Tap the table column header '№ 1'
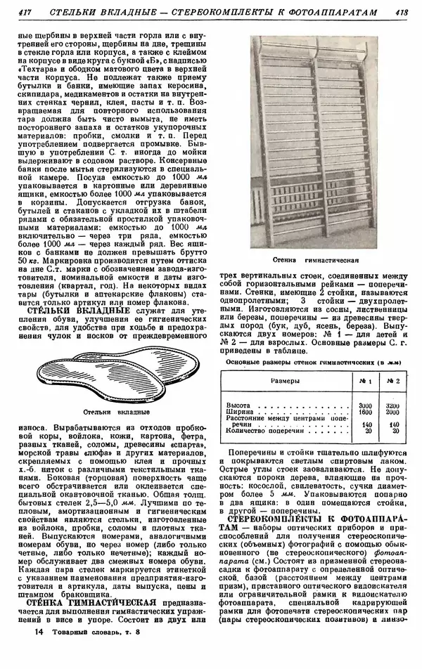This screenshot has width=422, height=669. pos(365,380)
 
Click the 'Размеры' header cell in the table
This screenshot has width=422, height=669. pos(285,380)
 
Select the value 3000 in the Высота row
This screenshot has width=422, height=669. pos(365,406)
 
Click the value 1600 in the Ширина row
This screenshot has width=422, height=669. pos(365,413)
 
